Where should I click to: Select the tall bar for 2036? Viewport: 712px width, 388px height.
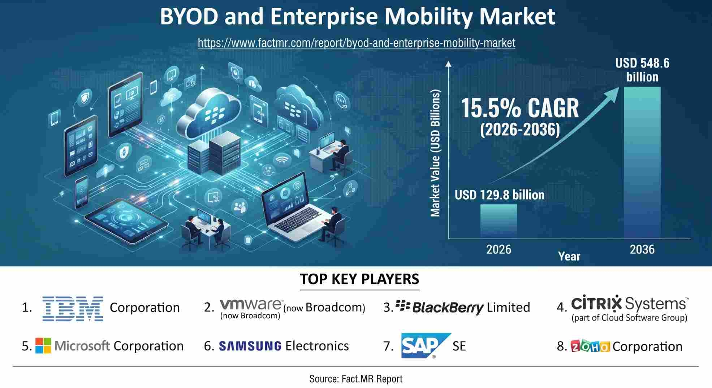[642, 162]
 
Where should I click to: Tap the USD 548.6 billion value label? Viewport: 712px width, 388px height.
[642, 70]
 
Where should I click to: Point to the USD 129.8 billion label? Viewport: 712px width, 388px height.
[499, 195]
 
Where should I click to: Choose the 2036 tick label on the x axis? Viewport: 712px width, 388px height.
[642, 249]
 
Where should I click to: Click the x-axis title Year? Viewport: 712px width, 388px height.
[569, 256]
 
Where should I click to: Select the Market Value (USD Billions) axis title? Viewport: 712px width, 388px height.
[436, 153]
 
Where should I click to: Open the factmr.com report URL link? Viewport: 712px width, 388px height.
[357, 43]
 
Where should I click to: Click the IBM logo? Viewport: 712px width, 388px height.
[73, 309]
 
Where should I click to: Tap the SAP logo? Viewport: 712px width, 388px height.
[426, 345]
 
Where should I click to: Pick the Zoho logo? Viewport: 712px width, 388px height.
[590, 346]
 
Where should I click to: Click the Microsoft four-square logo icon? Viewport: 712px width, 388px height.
[43, 346]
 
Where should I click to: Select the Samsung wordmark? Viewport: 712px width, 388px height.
[250, 346]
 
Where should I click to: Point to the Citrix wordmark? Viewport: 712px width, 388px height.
[596, 304]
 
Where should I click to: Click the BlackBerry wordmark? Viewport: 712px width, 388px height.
[448, 308]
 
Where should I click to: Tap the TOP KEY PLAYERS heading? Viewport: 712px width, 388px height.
[359, 279]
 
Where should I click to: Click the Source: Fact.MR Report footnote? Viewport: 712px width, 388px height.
[356, 379]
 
